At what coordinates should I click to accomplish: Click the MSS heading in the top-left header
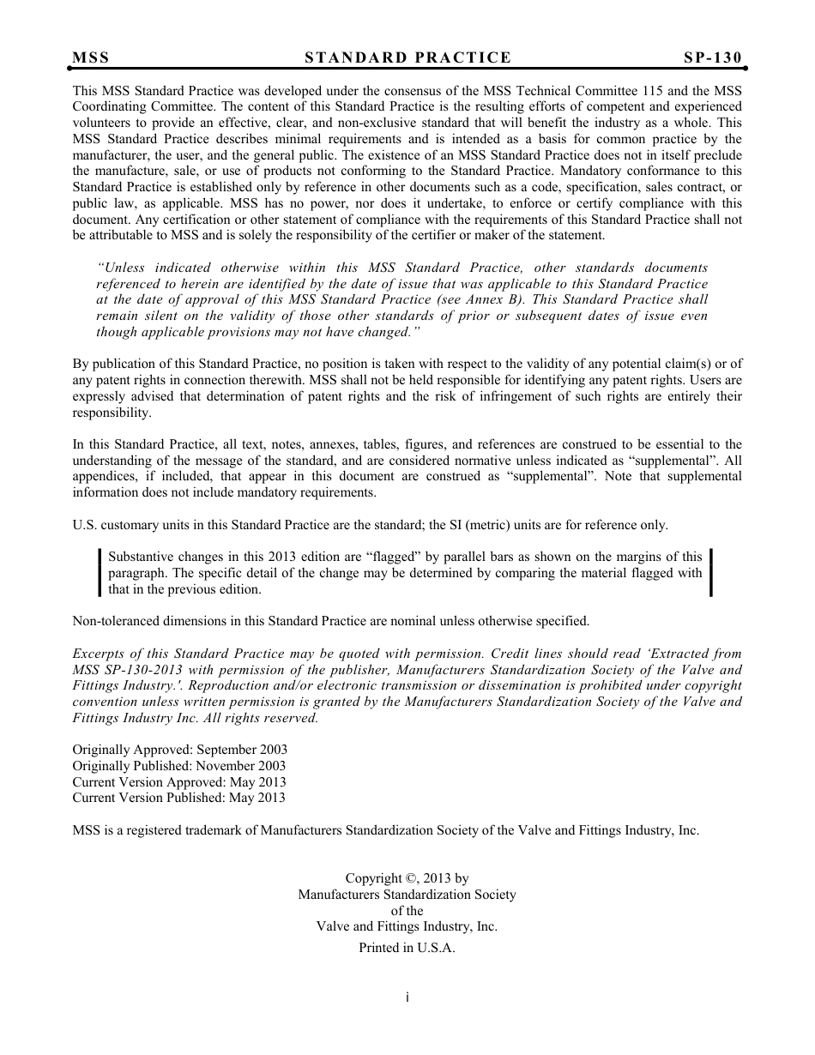[x=91, y=57]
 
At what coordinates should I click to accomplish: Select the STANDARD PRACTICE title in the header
[x=407, y=57]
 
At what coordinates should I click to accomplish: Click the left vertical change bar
[x=100, y=572]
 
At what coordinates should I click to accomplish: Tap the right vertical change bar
[x=711, y=572]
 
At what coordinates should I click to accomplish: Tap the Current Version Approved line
[x=178, y=781]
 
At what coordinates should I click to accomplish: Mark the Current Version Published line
[x=178, y=797]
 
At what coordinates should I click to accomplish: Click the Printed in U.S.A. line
[x=407, y=948]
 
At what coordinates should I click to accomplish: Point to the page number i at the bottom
[x=407, y=997]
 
